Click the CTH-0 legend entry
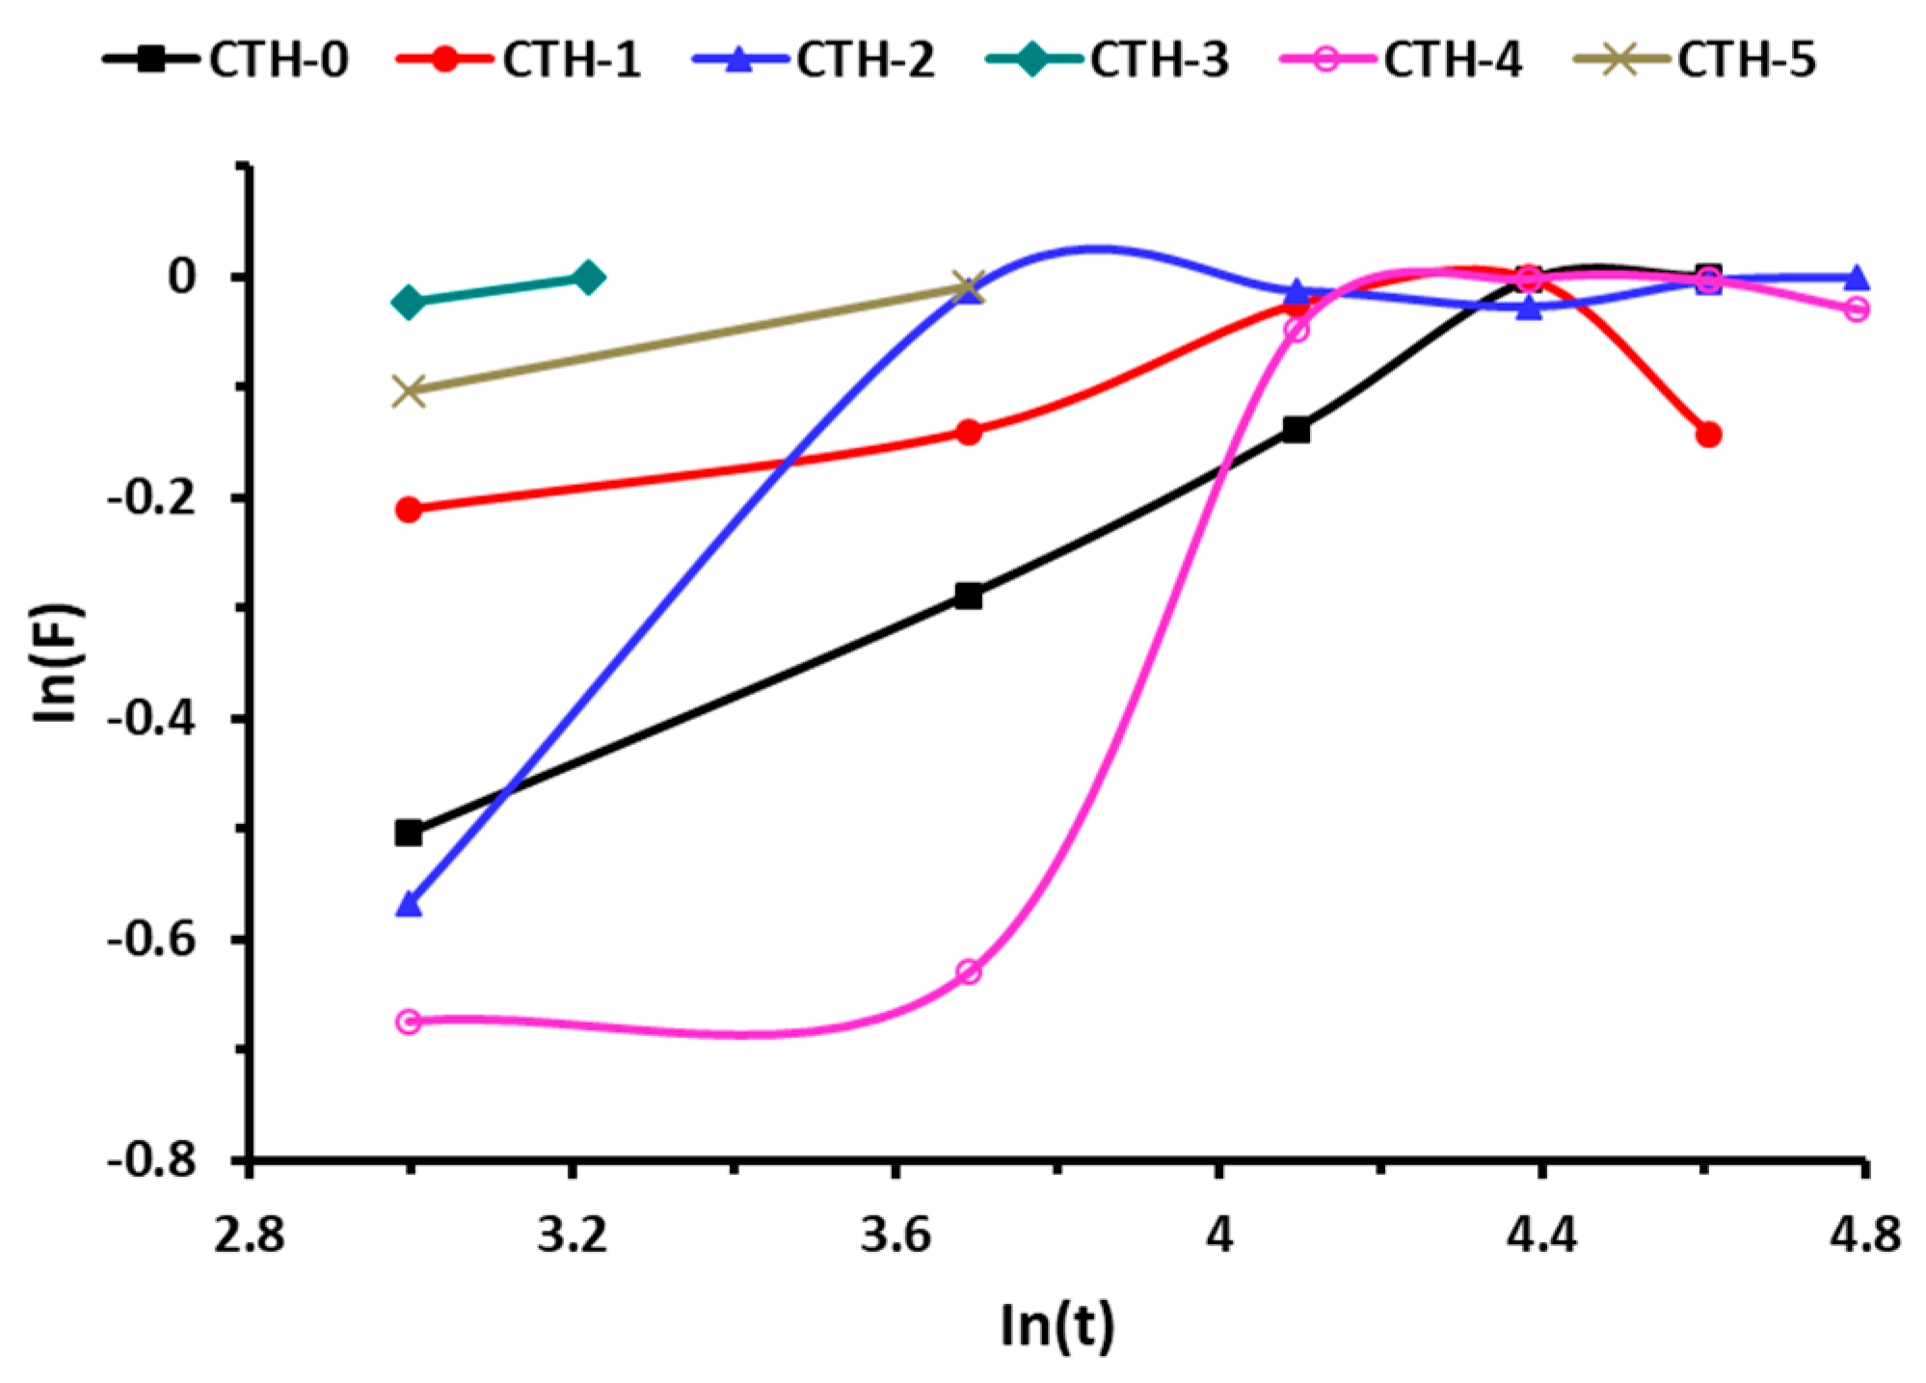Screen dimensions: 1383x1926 [x=227, y=60]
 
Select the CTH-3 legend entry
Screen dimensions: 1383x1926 [x=1108, y=60]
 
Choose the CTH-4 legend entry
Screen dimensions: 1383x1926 [x=1403, y=60]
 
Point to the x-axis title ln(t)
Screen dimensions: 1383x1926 [x=1057, y=1325]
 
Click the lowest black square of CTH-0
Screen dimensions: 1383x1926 [x=409, y=833]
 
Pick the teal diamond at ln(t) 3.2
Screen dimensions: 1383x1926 [x=588, y=279]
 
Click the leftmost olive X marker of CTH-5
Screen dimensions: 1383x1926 [x=409, y=391]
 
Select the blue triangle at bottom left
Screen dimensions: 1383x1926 [x=409, y=904]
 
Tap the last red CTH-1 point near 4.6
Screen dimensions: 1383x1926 [x=1708, y=435]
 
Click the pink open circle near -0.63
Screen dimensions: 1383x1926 [x=969, y=972]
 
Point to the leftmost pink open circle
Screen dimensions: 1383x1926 [x=409, y=1022]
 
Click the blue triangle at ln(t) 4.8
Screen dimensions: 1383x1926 [x=1857, y=279]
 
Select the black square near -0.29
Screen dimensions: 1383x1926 [x=969, y=597]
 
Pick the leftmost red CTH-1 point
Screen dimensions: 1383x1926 [x=409, y=510]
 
